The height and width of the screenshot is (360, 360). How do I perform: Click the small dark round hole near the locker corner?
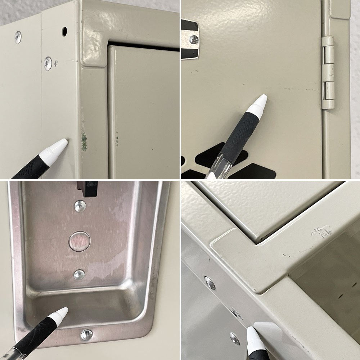pos(64,32)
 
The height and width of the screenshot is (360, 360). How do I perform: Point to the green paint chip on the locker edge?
pos(84,141)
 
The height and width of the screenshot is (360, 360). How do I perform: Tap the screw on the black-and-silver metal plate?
pos(194,40)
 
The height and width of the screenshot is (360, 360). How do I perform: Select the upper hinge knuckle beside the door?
pos(328,55)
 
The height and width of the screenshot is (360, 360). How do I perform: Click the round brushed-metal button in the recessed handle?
pos(79,241)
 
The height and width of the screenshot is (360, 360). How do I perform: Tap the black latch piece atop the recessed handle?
pos(87,188)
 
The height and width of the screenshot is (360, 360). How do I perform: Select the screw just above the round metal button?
pos(80,206)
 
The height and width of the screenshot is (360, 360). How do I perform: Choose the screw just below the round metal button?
pos(79,275)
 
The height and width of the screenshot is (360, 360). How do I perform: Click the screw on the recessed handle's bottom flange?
pos(86,334)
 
